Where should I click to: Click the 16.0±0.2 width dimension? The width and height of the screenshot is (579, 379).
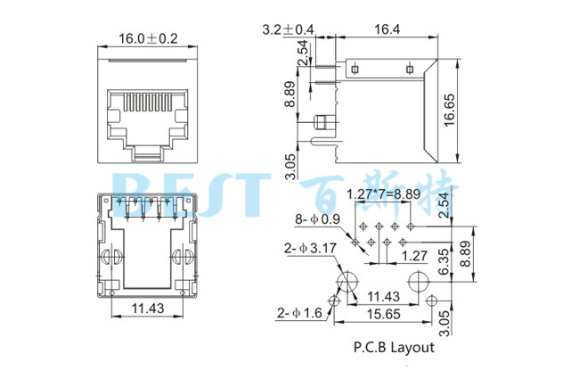pos(148,38)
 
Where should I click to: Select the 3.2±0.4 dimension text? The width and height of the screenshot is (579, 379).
pos(289,30)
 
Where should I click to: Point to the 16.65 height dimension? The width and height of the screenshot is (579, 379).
pos(450,111)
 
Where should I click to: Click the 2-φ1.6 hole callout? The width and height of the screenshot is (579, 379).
pos(299,313)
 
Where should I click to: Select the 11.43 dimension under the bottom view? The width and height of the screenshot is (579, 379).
pos(148,309)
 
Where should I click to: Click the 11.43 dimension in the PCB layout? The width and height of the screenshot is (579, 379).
pos(384,296)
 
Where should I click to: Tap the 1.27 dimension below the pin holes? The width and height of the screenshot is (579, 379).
pos(412,256)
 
